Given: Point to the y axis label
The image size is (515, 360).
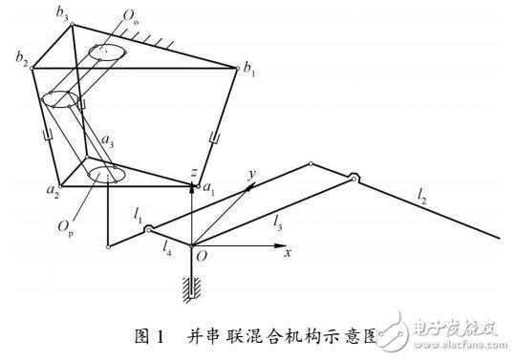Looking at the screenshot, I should pyautogui.click(x=252, y=172).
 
